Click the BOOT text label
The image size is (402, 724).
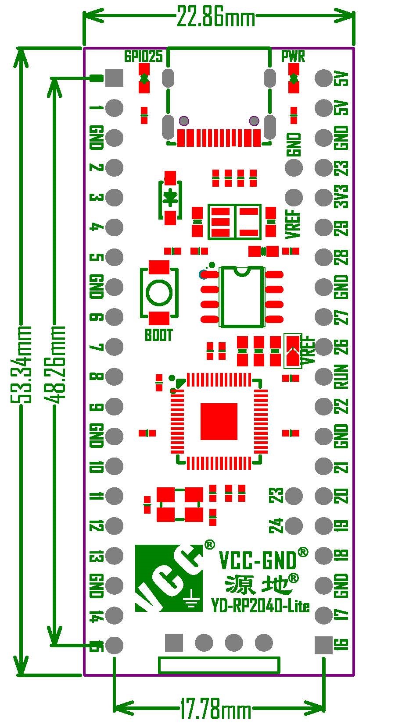tap(159, 335)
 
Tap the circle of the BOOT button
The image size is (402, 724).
tap(159, 293)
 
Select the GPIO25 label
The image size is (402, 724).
tap(143, 56)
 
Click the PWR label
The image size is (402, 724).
tap(293, 56)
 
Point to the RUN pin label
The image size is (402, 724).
tap(342, 376)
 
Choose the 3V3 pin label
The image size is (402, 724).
tap(342, 197)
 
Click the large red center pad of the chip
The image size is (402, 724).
tap(219, 422)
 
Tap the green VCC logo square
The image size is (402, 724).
tap(169, 578)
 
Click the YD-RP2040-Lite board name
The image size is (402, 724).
tap(260, 606)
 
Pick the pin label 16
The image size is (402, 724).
tap(342, 644)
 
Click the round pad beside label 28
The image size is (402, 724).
tap(324, 257)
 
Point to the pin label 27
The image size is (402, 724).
tap(342, 317)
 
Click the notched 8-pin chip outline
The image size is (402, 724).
tap(242, 297)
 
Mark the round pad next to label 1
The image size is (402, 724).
tap(115, 108)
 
